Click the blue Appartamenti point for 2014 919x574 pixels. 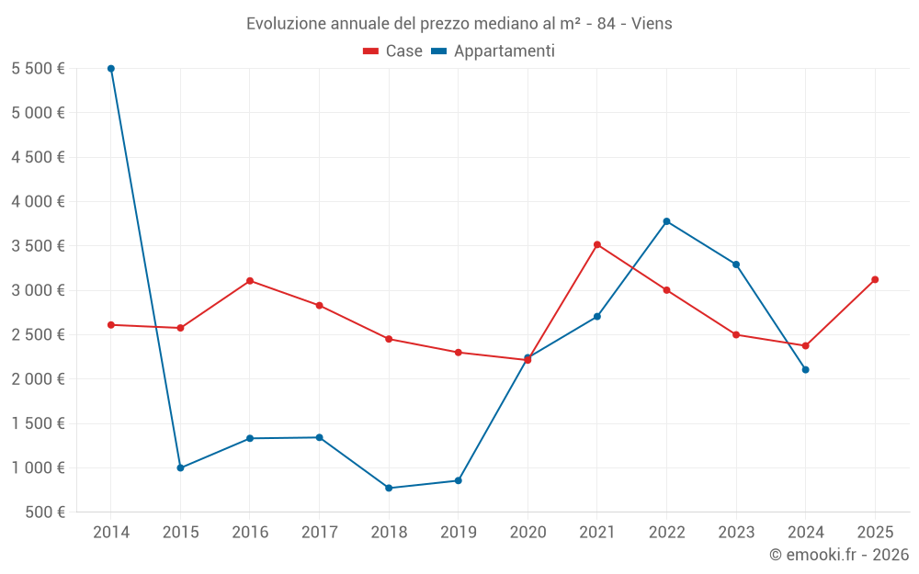(x=111, y=69)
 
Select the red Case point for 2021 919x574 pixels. (x=597, y=244)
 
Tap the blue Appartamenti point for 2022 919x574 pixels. (x=666, y=221)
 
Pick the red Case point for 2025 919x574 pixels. (x=875, y=279)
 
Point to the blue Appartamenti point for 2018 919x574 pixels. (x=389, y=488)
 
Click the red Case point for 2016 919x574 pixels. (x=250, y=281)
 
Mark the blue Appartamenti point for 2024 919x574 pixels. (x=806, y=369)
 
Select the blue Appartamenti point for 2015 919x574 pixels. (x=180, y=467)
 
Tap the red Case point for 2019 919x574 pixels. (x=459, y=352)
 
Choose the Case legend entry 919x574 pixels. (x=393, y=51)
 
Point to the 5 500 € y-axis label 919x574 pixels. (x=38, y=69)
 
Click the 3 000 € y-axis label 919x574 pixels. (x=38, y=290)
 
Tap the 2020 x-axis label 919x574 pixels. (x=528, y=532)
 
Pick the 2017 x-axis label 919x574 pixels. (x=319, y=532)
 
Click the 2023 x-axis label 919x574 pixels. (x=736, y=532)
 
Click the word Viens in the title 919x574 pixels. (x=652, y=24)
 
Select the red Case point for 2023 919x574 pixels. (x=736, y=334)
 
